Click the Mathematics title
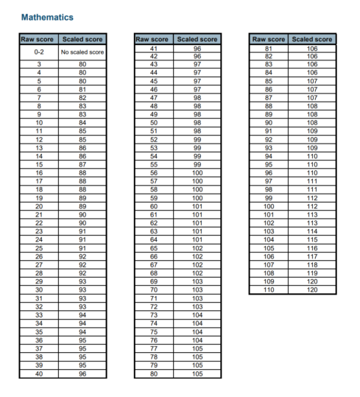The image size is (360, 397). tap(47, 16)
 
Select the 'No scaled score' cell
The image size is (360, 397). tap(82, 52)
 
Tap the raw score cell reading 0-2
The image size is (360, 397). tap(38, 52)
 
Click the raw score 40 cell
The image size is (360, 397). tap(38, 373)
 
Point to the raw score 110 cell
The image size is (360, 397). tap(268, 290)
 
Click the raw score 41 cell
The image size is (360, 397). tap(154, 49)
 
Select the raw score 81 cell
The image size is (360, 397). tap(268, 49)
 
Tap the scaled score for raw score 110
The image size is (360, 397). tap(312, 290)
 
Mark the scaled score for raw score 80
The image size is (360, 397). tap(197, 373)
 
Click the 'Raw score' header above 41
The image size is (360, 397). tap(153, 39)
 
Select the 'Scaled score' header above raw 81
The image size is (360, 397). tap(312, 39)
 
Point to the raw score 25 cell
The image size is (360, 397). tap(38, 248)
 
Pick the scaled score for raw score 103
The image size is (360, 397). tap(312, 231)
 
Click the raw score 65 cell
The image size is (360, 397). tap(154, 248)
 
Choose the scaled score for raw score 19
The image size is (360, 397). tap(82, 198)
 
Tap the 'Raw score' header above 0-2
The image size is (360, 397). tap(38, 39)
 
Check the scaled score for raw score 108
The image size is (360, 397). tap(312, 273)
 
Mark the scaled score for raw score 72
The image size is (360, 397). tap(197, 306)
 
